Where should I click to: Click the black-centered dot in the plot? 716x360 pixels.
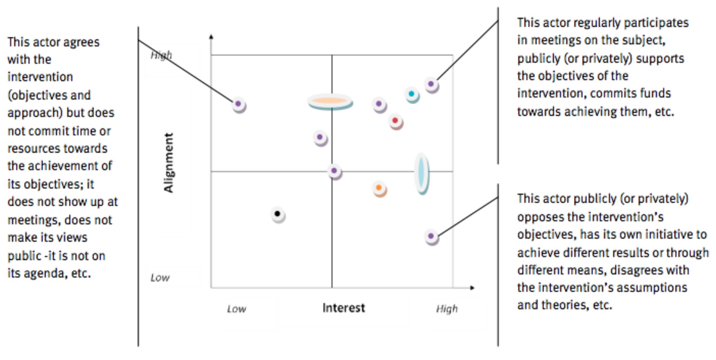click(x=277, y=214)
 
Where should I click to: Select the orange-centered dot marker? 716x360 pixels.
click(x=379, y=188)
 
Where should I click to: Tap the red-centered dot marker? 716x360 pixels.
click(x=395, y=121)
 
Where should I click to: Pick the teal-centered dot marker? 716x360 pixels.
click(x=411, y=94)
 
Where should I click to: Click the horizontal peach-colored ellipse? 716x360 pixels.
click(x=330, y=101)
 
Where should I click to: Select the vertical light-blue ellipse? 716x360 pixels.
click(x=421, y=173)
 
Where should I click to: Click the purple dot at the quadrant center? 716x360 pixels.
click(x=334, y=171)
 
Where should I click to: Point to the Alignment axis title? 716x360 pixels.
click(x=168, y=162)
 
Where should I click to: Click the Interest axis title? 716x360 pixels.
click(x=344, y=308)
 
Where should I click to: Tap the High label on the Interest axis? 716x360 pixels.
click(x=447, y=309)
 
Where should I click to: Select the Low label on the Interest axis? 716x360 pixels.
click(x=236, y=309)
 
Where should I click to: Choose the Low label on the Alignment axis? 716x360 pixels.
click(x=160, y=278)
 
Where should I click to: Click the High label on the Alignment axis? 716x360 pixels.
click(x=161, y=55)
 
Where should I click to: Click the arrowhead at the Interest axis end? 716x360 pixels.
click(x=472, y=287)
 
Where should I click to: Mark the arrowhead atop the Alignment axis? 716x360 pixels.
click(x=211, y=37)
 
